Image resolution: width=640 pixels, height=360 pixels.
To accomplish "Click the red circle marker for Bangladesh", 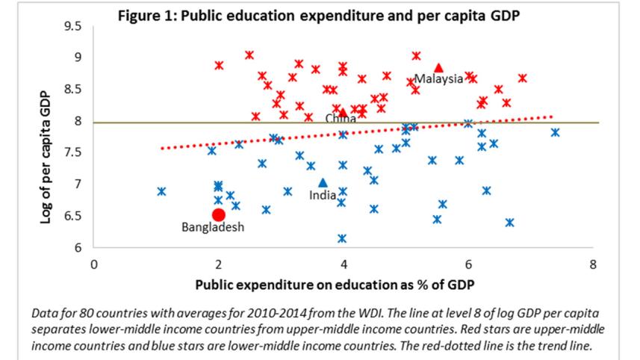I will click(219, 215).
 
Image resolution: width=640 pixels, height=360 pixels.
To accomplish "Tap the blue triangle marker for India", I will click(323, 182).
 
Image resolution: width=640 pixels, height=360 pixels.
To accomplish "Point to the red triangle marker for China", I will click(343, 113).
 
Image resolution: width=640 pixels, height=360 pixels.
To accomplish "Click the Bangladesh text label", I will click(213, 228).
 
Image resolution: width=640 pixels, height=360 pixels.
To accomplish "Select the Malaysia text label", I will click(438, 78).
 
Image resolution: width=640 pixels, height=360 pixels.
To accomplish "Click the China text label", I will click(341, 119).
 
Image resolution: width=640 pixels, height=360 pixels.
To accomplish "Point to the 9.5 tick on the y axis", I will click(72, 26).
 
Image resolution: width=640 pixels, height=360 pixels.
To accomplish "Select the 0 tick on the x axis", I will click(94, 264).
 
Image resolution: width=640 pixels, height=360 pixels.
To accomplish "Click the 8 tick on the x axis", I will click(593, 264).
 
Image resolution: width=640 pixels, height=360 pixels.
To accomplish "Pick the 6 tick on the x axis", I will click(468, 264).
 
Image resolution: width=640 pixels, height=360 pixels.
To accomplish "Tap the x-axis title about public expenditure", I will click(335, 285).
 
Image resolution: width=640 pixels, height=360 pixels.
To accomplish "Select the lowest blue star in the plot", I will click(342, 238).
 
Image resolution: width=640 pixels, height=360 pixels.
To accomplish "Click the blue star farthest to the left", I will click(161, 191).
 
